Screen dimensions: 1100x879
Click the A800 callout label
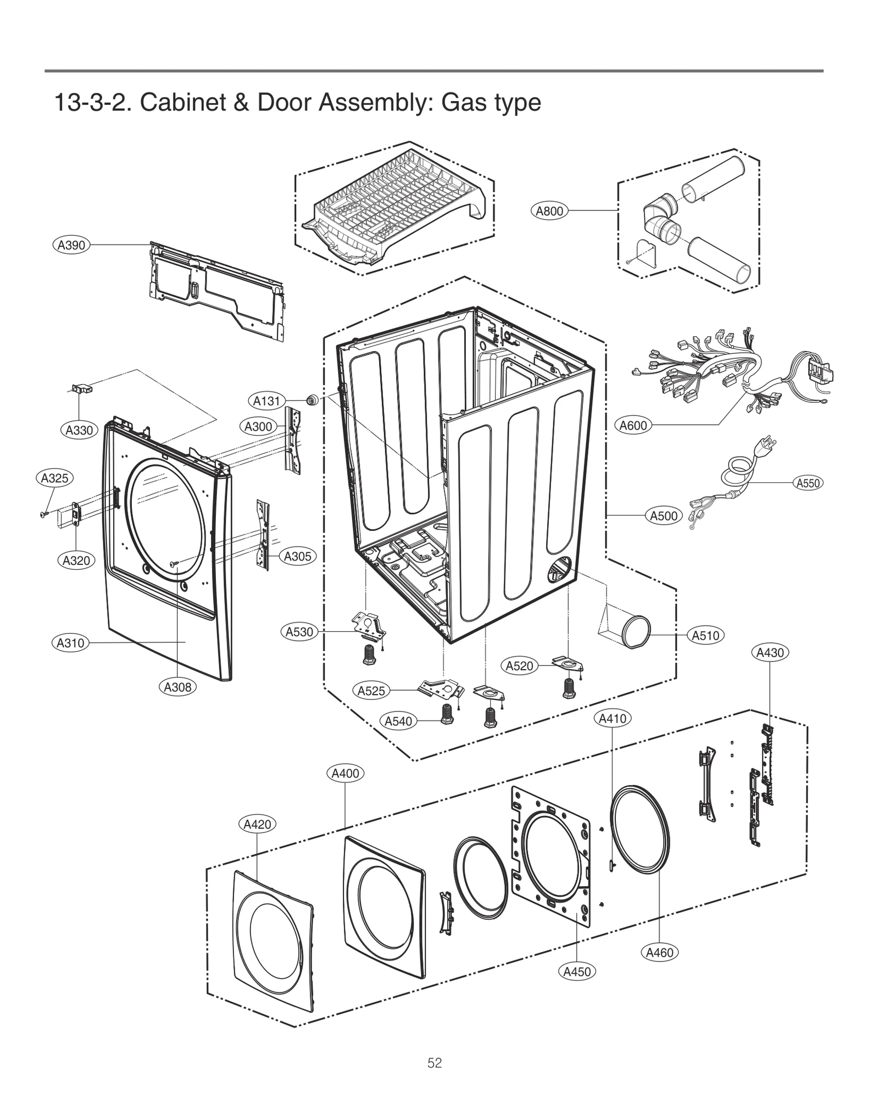(549, 211)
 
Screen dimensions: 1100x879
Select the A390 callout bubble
(71, 245)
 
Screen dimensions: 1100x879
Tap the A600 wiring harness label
(633, 425)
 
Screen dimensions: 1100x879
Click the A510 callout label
(705, 636)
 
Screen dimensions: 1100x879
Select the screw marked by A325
(43, 514)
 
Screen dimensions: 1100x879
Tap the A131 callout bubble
(266, 401)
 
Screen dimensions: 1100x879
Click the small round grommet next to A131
(313, 400)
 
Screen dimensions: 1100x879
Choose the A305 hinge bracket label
(297, 557)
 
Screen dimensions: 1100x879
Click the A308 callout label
(177, 687)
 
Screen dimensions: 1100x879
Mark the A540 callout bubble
(398, 721)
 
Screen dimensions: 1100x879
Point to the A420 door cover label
(257, 824)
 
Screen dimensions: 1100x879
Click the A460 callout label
(659, 953)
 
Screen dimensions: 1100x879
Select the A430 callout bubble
(770, 653)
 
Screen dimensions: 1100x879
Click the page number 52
(435, 1063)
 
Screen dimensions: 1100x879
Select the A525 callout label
(371, 691)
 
